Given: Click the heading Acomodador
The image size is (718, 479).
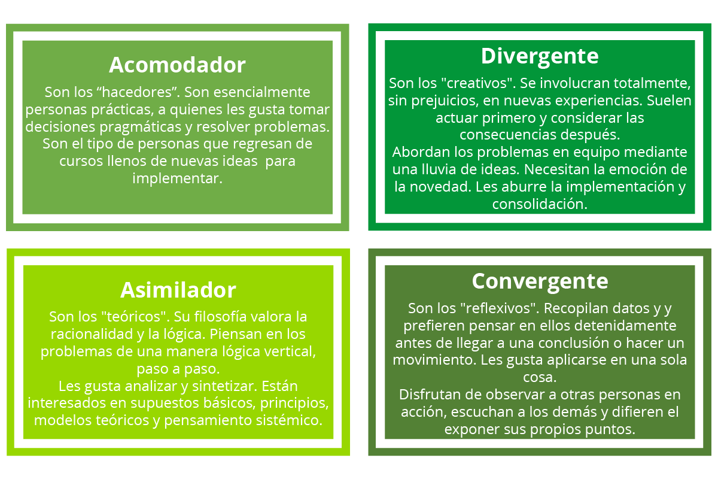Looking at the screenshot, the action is pos(177,65).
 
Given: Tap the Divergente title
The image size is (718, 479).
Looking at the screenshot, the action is pos(540,57).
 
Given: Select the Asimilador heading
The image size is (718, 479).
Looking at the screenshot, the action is pos(178,290).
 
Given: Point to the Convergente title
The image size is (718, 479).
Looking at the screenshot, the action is pos(540,281).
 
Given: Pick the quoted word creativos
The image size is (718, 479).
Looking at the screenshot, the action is pos(478,83).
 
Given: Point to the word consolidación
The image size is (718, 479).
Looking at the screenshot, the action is pos(540,204).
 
